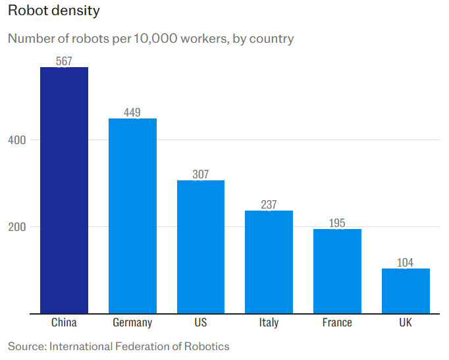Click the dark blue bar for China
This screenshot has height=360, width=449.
pyautogui.click(x=64, y=190)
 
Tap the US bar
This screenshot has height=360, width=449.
pyautogui.click(x=201, y=247)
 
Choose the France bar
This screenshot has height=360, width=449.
pyautogui.click(x=337, y=271)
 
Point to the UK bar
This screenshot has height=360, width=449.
pyautogui.click(x=406, y=291)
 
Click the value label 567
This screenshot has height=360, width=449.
pyautogui.click(x=64, y=61)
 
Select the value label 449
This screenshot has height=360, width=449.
pyautogui.click(x=132, y=113)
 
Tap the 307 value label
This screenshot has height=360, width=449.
pyautogui.click(x=201, y=174)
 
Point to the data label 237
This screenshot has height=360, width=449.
pyautogui.click(x=269, y=205)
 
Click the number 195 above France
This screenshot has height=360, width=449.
pyautogui.click(x=337, y=223)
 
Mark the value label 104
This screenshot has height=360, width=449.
pyautogui.click(x=406, y=263)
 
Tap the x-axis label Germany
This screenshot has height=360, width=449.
pyautogui.click(x=132, y=322)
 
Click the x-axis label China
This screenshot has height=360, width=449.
pyautogui.click(x=64, y=322)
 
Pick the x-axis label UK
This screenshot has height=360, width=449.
pyautogui.click(x=406, y=322)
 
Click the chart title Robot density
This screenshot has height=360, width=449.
pyautogui.click(x=54, y=11)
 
